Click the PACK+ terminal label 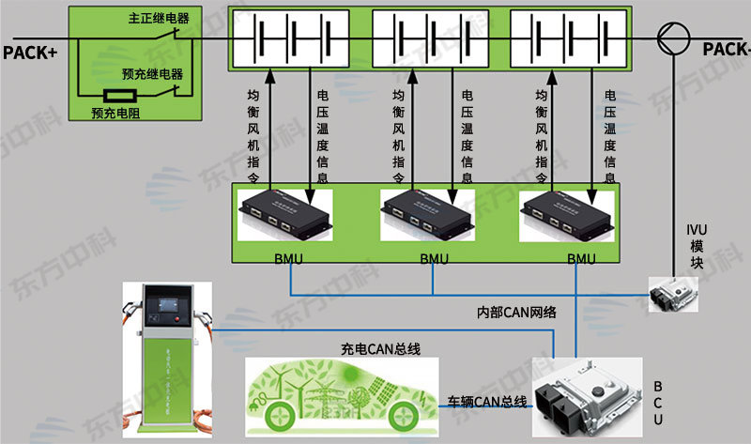tap(29, 52)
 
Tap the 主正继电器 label tap(151, 19)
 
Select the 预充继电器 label tap(152, 73)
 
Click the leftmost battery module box tap(290, 41)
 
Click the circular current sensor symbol tap(674, 38)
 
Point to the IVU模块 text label tap(696, 245)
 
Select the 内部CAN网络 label tap(518, 312)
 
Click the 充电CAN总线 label tap(380, 348)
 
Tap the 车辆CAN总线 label tap(486, 403)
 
